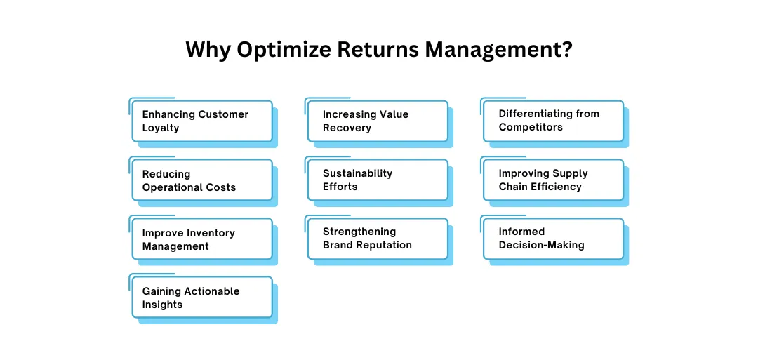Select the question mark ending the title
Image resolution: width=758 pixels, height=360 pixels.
tap(566, 50)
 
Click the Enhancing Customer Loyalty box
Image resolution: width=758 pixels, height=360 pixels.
tap(202, 121)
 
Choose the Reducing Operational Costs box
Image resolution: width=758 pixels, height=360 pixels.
tap(202, 180)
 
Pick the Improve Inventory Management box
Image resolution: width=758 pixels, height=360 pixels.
tap(202, 239)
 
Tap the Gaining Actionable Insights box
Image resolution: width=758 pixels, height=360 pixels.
tap(202, 297)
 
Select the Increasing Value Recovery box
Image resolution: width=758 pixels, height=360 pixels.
tap(378, 121)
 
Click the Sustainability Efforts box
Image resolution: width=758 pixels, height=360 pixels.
tap(378, 180)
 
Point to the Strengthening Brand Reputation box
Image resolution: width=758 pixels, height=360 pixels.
tap(378, 239)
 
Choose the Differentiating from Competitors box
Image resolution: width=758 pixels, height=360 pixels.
tap(554, 121)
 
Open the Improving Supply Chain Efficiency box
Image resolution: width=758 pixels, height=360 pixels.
tap(554, 180)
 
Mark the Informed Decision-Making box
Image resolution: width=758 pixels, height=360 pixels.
tap(554, 239)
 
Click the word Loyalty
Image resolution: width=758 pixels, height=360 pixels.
tap(161, 128)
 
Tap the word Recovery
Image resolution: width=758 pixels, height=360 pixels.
tap(347, 128)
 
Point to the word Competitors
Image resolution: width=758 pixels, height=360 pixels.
tap(531, 127)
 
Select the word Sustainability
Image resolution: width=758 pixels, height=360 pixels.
tap(358, 173)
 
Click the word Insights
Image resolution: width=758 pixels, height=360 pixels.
tap(162, 305)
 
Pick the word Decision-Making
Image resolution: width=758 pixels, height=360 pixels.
tap(541, 245)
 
